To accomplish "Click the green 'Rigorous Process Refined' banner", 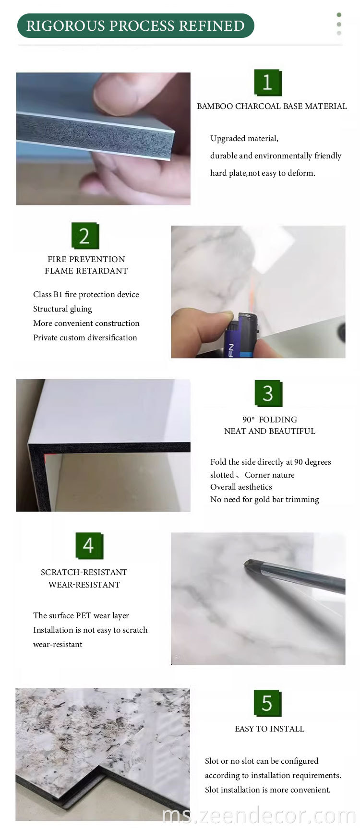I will tap(135, 26).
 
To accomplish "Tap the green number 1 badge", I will tap(268, 83).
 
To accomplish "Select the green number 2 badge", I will tap(85, 236).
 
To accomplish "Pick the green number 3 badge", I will tap(268, 394).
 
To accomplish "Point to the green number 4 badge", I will tap(89, 545).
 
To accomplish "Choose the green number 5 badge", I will tap(267, 703).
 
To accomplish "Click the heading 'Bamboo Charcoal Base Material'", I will tap(272, 106).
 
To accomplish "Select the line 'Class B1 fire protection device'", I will tap(86, 294).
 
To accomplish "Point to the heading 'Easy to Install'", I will tap(269, 729).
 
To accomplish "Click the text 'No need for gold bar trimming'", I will tap(264, 499).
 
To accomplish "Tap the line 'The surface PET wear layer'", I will tap(81, 615).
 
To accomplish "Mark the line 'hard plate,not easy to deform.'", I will tap(263, 173).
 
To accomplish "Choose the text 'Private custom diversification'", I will tap(85, 337).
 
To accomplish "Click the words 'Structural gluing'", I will tap(62, 309).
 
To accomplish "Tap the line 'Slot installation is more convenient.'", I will tap(268, 790).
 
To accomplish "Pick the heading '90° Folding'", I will tap(270, 420).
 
